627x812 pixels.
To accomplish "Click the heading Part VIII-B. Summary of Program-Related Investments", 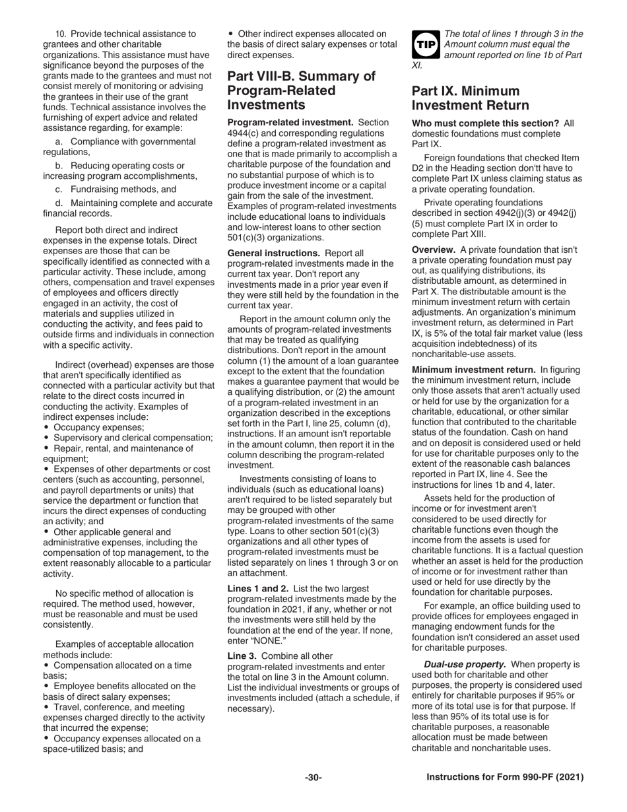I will (x=301, y=90).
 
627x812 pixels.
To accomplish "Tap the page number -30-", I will (x=313, y=778).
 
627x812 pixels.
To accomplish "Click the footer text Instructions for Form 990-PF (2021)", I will (x=505, y=778).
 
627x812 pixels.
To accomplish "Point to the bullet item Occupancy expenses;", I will (x=98, y=427).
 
